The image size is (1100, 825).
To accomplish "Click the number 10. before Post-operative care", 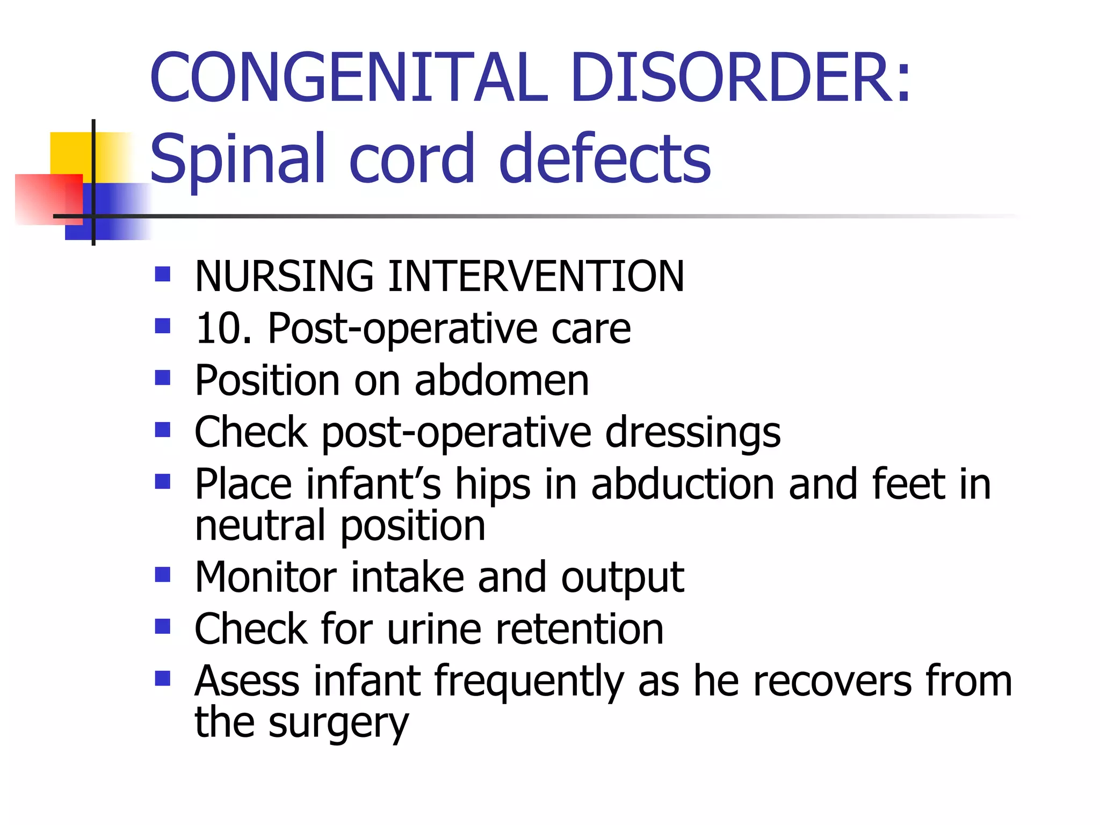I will click(223, 328).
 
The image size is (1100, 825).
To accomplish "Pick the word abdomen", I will click(502, 380).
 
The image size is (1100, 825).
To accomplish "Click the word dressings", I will click(692, 433).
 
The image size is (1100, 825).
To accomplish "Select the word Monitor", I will click(265, 577).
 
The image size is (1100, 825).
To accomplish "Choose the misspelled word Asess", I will click(247, 681).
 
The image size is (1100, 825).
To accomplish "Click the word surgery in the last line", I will click(338, 723).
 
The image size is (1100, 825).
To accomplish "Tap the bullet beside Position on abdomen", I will click(162, 378).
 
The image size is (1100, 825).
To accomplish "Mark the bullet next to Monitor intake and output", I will click(162, 575).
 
